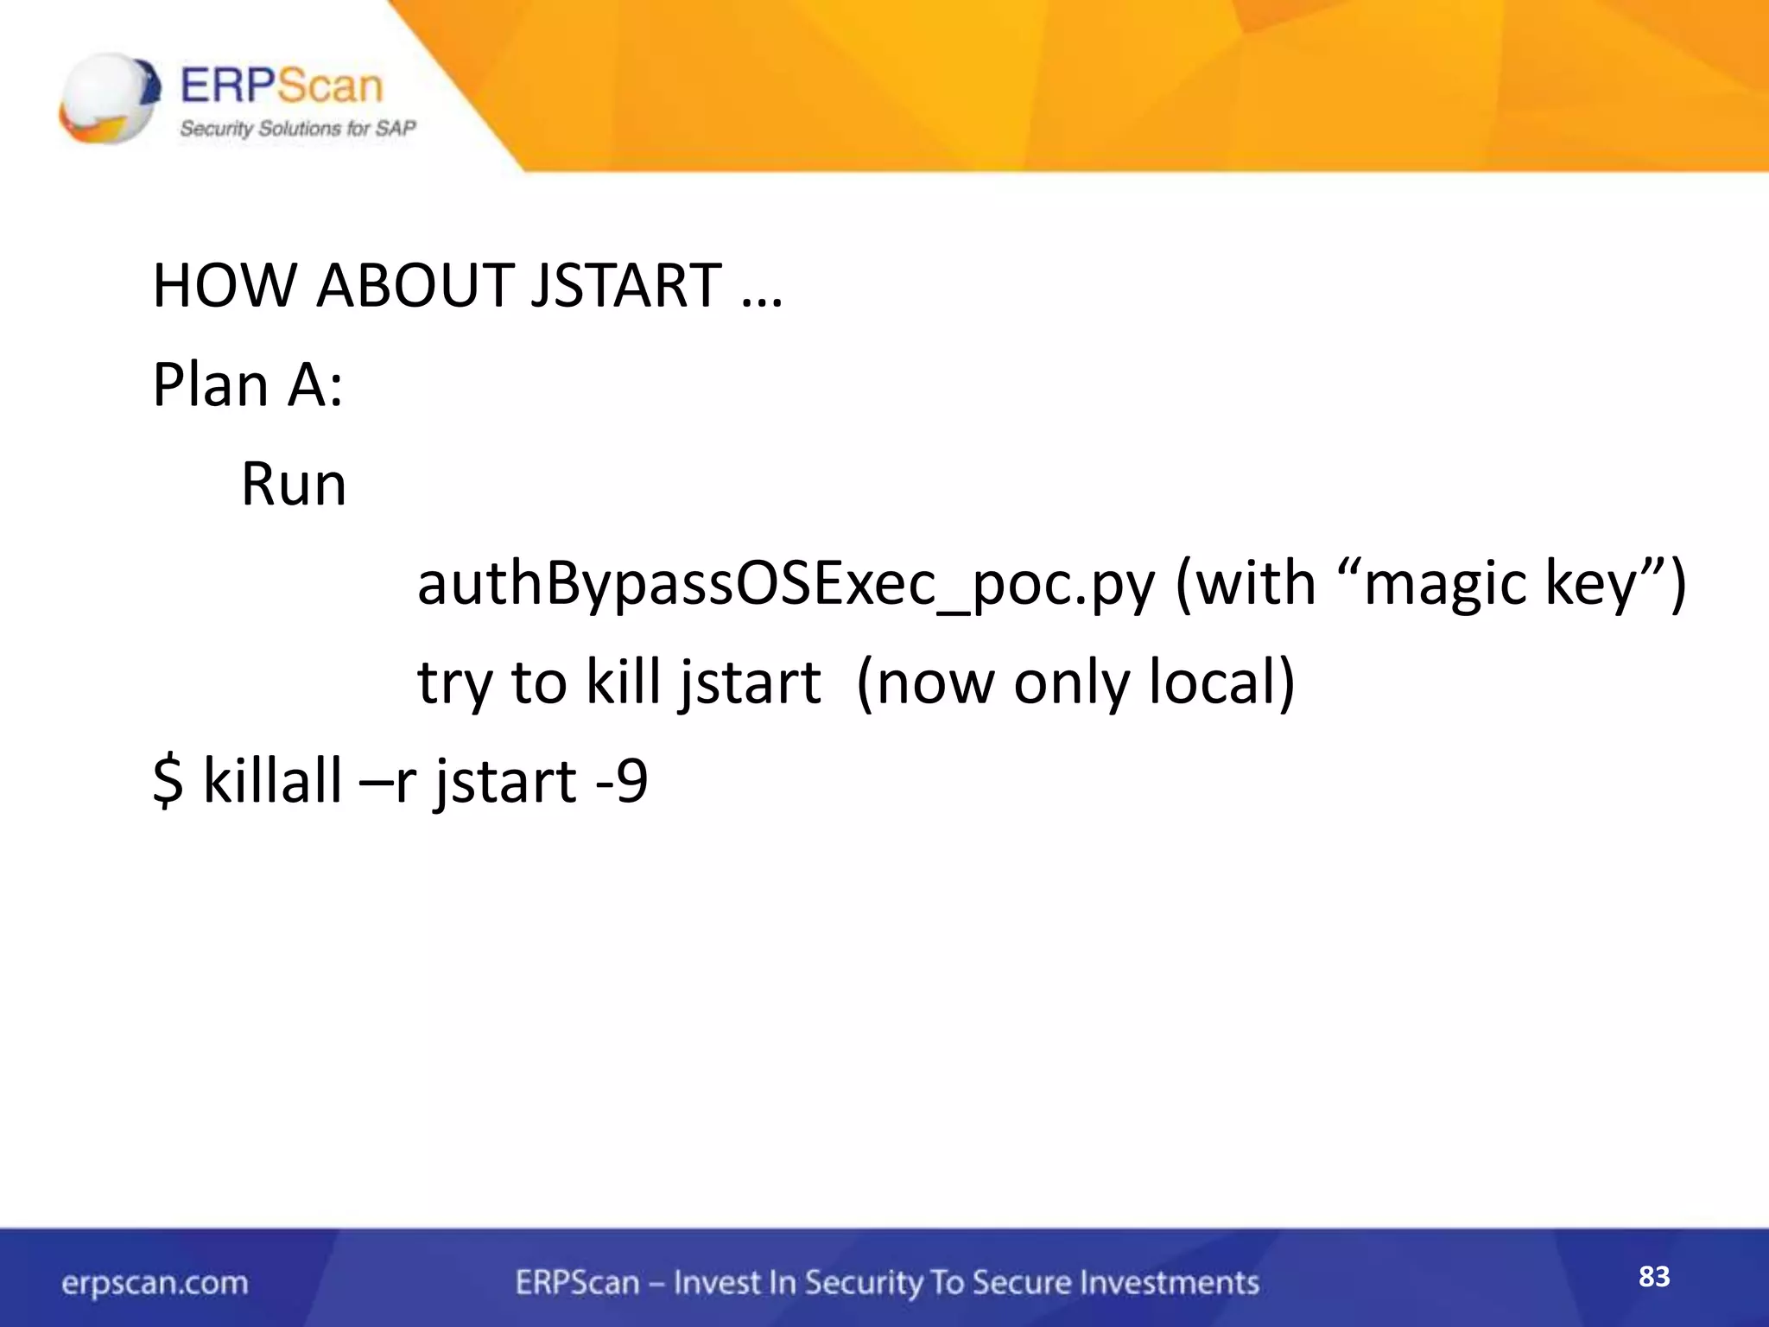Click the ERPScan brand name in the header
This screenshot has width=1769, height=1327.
[x=281, y=86]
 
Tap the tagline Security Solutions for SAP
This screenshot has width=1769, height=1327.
[x=297, y=129]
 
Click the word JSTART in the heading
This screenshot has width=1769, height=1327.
[x=626, y=286]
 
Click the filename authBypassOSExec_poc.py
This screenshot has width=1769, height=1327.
[x=785, y=585]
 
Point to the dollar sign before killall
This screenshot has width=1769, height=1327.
[x=168, y=781]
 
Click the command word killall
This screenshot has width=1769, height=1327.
[x=272, y=781]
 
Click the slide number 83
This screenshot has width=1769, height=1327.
[x=1654, y=1277]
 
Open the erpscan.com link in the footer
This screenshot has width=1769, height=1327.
[x=155, y=1283]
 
